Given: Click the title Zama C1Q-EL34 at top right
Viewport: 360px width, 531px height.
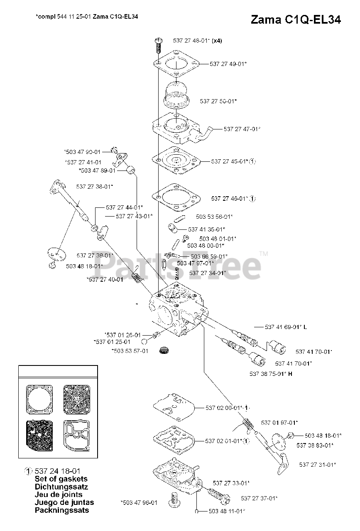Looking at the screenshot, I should coord(296,20).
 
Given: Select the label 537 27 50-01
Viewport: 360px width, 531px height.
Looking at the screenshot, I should coord(218,101).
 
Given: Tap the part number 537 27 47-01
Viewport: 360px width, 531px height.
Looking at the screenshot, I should coord(242,129).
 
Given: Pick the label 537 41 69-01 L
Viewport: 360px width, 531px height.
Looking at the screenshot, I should coord(286,327).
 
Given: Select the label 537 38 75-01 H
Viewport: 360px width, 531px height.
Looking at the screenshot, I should coord(271,374).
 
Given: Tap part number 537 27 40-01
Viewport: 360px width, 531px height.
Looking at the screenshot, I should coord(105,280).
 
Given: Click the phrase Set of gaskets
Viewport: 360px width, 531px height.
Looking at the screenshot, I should coord(61,479).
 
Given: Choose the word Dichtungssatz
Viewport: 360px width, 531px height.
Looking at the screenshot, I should coord(61,487).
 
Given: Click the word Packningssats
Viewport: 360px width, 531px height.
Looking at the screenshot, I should coord(62,510).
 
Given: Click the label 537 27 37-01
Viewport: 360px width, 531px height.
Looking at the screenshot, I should coord(259,498).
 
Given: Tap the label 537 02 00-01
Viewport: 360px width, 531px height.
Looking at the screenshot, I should coord(223,408).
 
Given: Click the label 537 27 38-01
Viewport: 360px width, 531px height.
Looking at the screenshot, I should coord(95,187).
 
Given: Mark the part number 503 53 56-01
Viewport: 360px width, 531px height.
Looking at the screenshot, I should coord(214,217).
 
